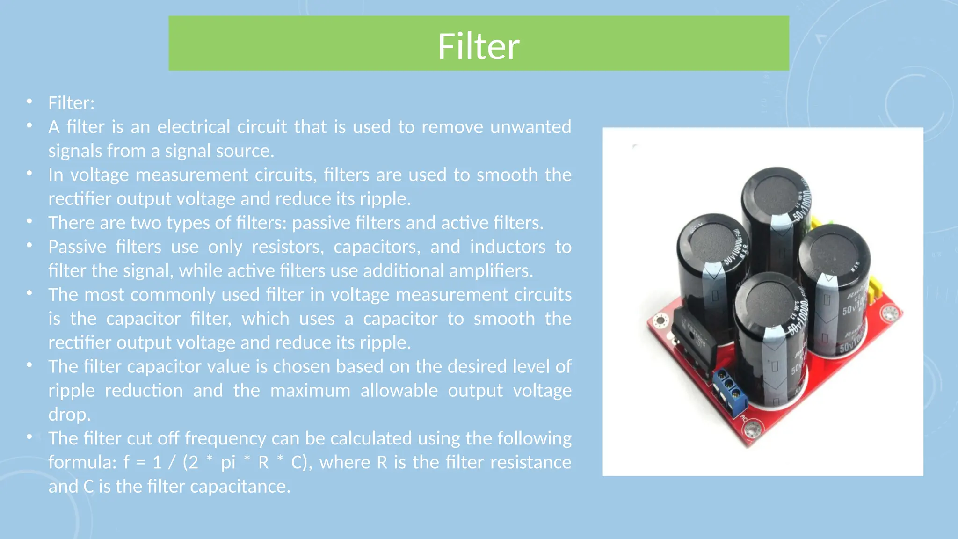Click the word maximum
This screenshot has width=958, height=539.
(x=310, y=390)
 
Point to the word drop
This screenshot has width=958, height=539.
(x=69, y=415)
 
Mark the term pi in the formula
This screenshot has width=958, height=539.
(x=228, y=462)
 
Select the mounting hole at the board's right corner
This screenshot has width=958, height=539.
(x=890, y=313)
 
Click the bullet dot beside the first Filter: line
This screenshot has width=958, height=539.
(x=29, y=102)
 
